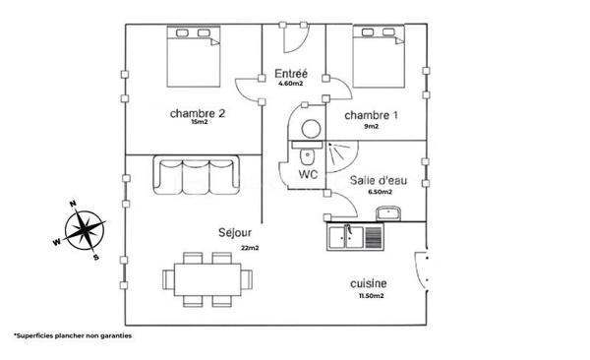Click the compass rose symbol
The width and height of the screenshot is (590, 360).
83,232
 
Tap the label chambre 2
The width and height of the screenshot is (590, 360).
198,113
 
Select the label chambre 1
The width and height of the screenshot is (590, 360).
371,116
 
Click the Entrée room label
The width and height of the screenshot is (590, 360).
291,73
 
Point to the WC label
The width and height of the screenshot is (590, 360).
309,175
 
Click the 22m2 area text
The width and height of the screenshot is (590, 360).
249,248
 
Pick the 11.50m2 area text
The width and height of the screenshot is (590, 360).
370,296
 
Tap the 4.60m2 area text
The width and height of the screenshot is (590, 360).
291,85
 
